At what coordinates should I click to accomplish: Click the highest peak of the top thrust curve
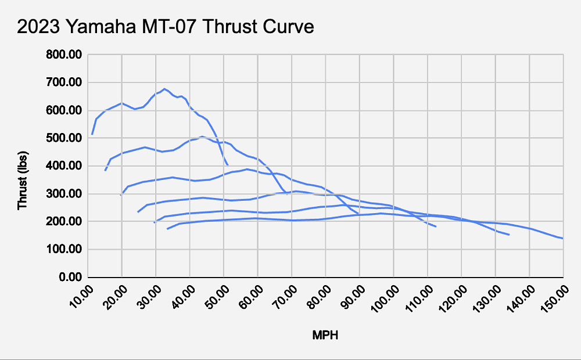pyautogui.click(x=164, y=89)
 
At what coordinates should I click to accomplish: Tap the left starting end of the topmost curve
pyautogui.click(x=92, y=135)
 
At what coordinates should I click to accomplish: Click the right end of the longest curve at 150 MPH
pyautogui.click(x=562, y=238)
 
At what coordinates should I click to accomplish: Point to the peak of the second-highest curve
pyautogui.click(x=202, y=136)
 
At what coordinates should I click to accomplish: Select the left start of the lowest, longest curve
pyautogui.click(x=167, y=229)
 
